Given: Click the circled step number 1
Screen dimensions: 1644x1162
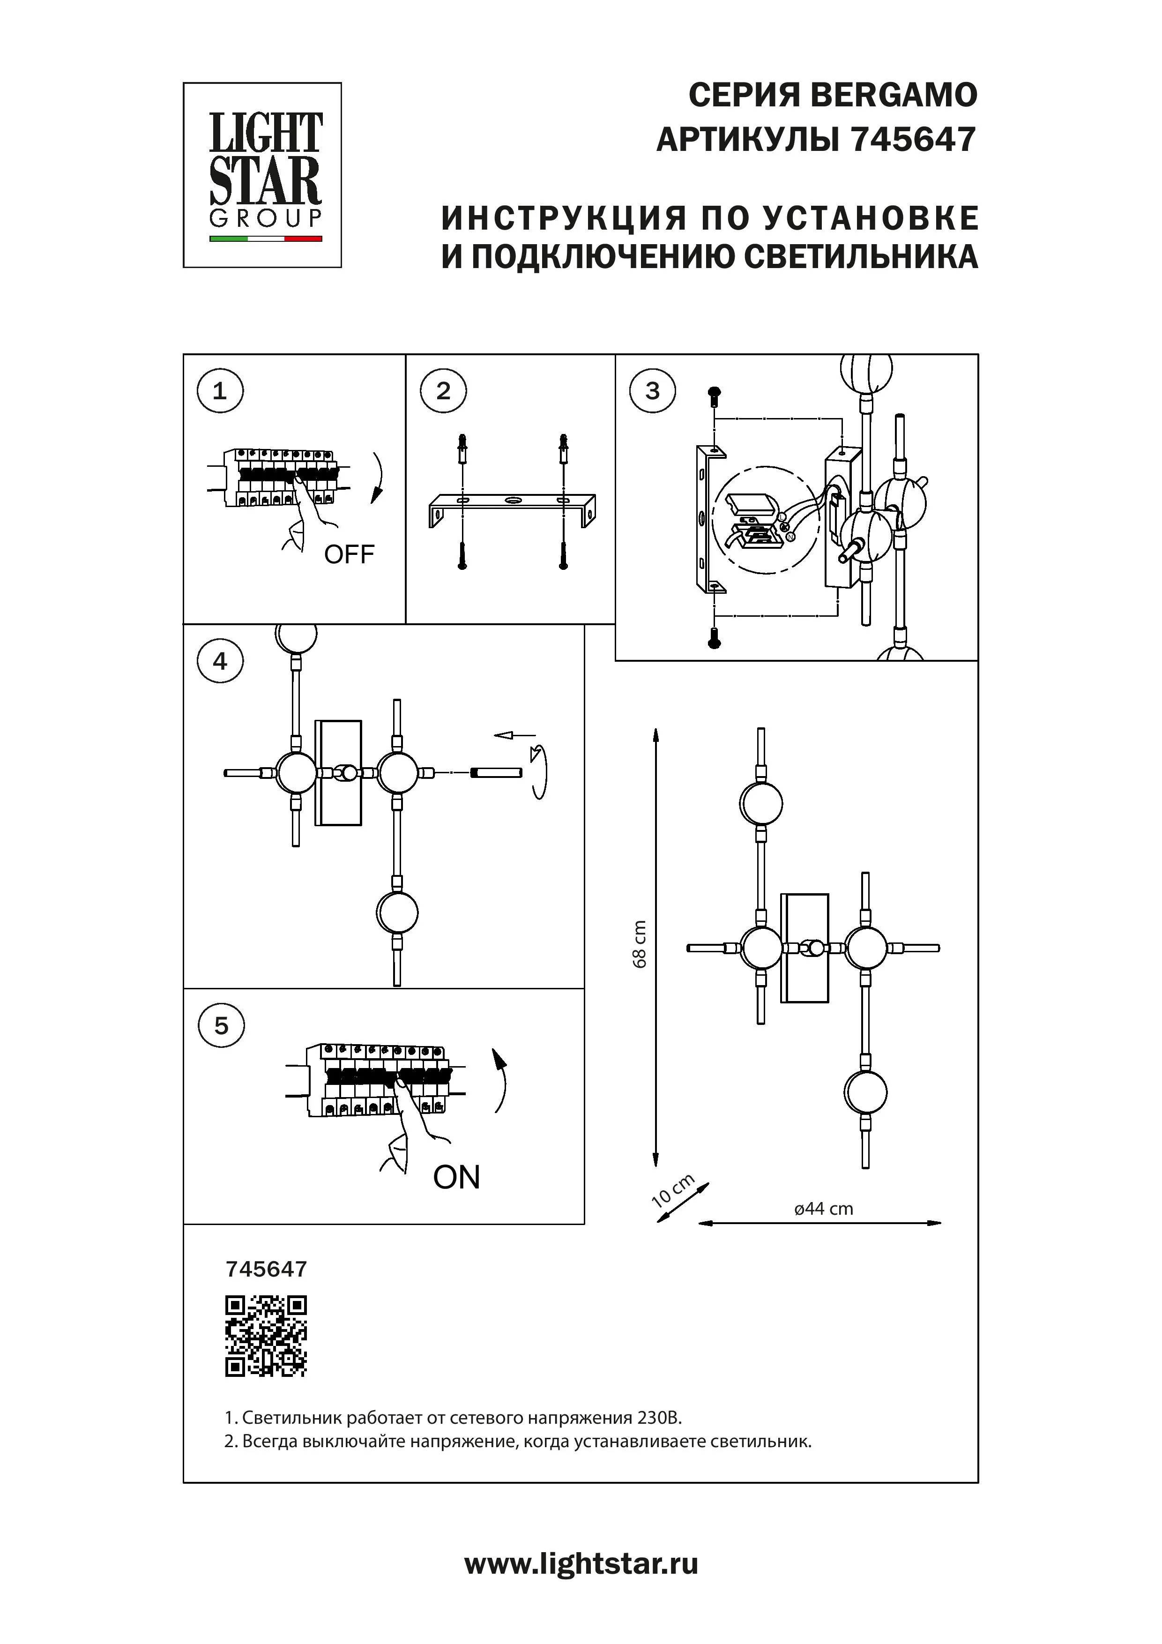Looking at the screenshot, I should [220, 391].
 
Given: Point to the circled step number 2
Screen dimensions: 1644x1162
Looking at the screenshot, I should [443, 391].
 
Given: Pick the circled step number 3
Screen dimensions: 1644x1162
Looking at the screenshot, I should [652, 391].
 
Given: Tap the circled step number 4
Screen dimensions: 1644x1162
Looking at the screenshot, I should [220, 661].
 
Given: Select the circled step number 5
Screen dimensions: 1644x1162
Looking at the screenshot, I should [221, 1026].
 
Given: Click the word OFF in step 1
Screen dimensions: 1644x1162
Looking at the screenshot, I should [350, 554].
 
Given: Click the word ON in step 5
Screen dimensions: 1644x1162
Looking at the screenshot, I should [456, 1177].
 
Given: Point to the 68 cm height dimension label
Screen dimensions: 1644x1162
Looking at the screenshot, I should [640, 944].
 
